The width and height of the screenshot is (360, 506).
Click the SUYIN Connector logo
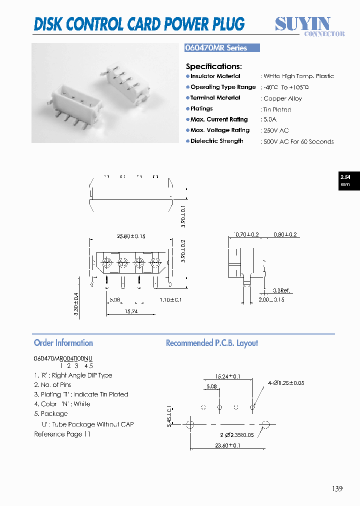coord(310,26)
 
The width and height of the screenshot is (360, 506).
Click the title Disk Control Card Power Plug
coord(139,23)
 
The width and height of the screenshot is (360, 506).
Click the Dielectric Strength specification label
coord(216,141)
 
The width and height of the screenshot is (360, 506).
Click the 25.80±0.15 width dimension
coord(131,236)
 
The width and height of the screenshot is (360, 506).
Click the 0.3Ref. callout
coord(281,290)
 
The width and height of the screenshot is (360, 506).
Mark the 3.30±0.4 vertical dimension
coord(76,303)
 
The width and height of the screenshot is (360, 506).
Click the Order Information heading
coord(63,343)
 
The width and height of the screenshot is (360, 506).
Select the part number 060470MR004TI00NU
coord(63,358)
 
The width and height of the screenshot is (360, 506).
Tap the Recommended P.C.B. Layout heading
coord(212,343)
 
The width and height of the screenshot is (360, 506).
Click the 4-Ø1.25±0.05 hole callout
coord(285,383)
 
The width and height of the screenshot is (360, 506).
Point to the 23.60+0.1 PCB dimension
coord(227,445)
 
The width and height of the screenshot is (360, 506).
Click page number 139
coord(336,488)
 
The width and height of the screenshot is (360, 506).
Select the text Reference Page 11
coord(62,434)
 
